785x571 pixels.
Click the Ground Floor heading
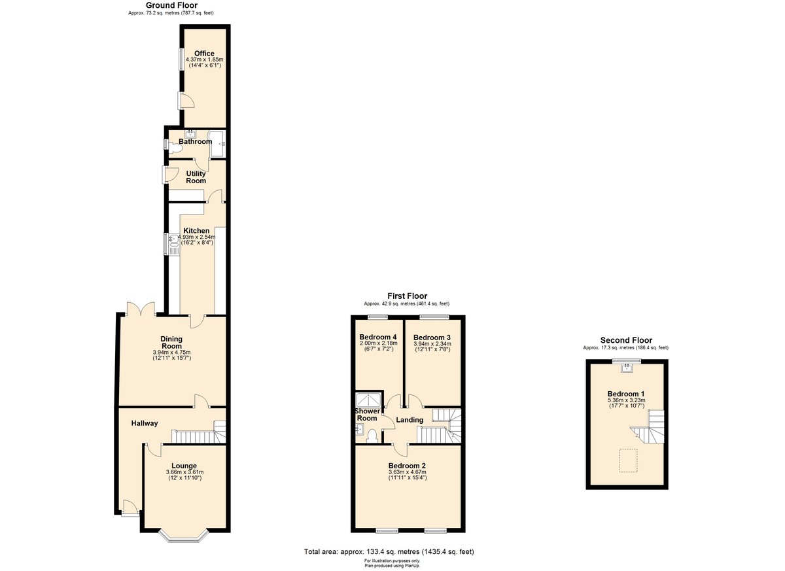[171, 5]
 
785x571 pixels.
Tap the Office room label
[204, 54]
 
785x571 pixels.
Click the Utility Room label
[196, 177]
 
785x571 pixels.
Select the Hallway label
[144, 423]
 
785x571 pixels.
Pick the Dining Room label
[171, 342]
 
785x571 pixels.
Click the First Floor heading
[406, 296]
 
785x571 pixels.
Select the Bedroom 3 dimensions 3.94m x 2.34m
[432, 344]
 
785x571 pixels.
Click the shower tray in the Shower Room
[363, 400]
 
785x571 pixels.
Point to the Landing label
[410, 420]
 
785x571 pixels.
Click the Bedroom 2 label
[408, 466]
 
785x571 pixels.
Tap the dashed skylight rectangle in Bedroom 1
[628, 460]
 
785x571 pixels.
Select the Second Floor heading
[626, 340]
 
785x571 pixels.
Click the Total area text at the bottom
[389, 551]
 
